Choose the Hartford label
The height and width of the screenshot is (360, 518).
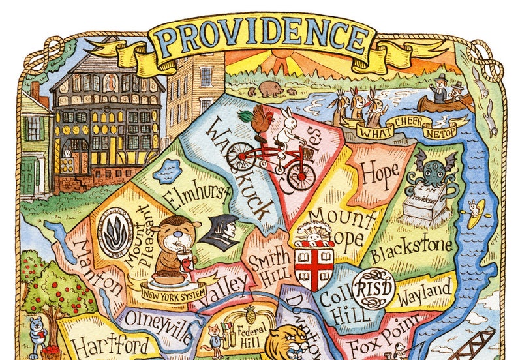110,345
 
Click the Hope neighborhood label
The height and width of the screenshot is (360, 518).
380,175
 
